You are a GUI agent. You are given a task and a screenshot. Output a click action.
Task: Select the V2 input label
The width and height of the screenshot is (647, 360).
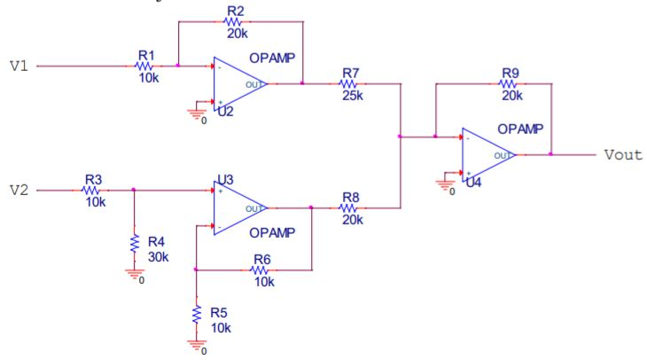pos(19,190)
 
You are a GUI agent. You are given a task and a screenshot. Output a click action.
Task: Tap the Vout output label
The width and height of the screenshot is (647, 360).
pos(622,154)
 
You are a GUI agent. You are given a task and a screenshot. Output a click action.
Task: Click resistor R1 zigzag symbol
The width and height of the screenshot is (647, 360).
pos(144,66)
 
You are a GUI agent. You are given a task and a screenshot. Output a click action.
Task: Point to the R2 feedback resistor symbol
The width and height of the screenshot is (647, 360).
pos(235,22)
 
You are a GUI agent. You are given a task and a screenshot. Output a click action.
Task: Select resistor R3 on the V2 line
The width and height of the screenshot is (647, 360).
pos(93,189)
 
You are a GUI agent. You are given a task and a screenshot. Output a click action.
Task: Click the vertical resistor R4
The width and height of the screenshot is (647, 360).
pos(134,242)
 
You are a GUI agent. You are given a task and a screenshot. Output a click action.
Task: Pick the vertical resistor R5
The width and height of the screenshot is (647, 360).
pos(196,314)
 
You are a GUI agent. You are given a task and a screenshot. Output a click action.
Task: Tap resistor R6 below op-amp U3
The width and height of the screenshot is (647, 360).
pos(261,270)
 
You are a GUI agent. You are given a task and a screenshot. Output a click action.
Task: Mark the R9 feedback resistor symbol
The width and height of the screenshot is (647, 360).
pos(510,84)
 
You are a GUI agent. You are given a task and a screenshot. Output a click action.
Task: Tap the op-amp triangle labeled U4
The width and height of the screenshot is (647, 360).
pos(487,154)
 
